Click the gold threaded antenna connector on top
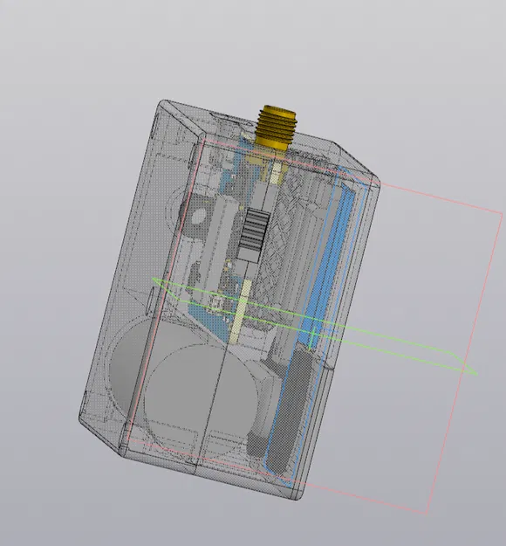(277, 128)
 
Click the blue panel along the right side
(330, 262)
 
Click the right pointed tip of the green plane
(476, 375)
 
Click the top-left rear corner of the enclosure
(161, 103)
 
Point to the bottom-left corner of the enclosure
(82, 419)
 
